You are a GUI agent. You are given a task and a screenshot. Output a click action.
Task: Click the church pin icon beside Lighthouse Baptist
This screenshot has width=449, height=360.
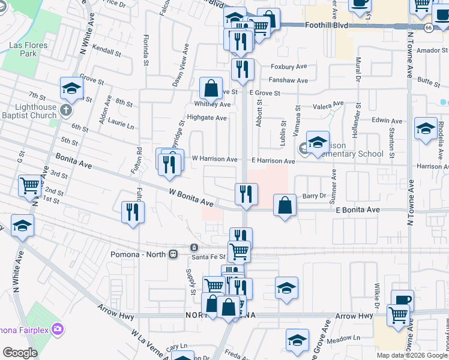(x=67, y=110)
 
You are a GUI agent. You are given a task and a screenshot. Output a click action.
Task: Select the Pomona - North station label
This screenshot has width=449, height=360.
(x=139, y=254)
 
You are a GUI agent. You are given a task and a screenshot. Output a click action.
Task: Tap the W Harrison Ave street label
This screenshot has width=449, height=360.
(x=214, y=159)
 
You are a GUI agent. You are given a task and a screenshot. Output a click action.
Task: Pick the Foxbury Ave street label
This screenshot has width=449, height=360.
(x=289, y=67)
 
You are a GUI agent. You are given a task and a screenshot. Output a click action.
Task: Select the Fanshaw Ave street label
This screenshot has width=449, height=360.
(x=289, y=80)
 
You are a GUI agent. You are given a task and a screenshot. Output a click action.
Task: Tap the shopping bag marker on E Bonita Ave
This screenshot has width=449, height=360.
(x=285, y=205)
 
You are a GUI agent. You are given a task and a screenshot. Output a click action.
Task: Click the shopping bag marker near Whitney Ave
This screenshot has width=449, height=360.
(x=211, y=89)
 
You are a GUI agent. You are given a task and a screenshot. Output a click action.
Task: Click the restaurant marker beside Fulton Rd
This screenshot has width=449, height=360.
(x=133, y=212)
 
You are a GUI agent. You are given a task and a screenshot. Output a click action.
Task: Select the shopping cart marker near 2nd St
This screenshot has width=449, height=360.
(x=29, y=186)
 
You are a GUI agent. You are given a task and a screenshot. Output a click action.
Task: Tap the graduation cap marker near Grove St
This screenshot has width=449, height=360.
(x=71, y=89)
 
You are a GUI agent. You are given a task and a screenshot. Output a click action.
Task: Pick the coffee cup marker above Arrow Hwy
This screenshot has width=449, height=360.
(x=402, y=300)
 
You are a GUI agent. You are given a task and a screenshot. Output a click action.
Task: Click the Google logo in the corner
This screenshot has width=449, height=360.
(x=20, y=353)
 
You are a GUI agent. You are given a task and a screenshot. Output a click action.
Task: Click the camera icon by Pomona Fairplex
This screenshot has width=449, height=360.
(x=58, y=329)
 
